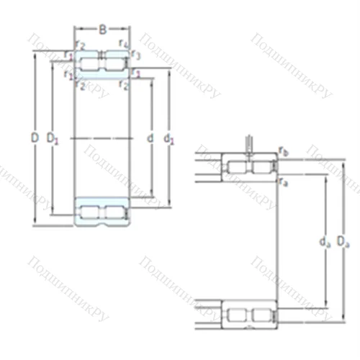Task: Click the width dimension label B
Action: (103, 30)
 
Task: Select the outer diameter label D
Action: (35, 137)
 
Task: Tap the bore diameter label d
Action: (149, 137)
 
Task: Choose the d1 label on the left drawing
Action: (169, 137)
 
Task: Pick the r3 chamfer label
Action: (135, 55)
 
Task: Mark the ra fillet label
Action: (284, 182)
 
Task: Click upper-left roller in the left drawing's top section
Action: (90, 66)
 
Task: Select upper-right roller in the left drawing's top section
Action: (114, 66)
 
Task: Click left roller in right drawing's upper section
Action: (237, 168)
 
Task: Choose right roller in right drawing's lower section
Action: (262, 315)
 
